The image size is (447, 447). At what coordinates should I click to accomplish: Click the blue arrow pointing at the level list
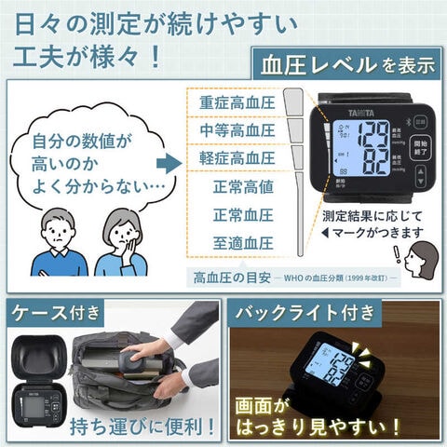click(168, 163)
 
